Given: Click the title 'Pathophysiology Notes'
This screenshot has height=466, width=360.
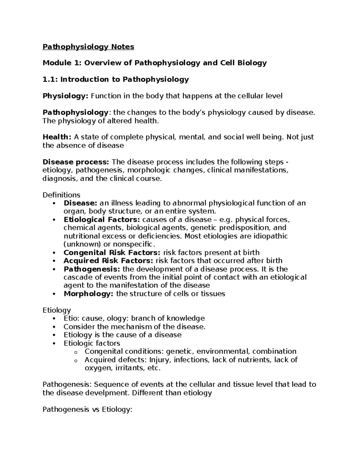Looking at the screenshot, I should point(88,47).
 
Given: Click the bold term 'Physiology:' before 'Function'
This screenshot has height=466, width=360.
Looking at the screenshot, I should point(65,96).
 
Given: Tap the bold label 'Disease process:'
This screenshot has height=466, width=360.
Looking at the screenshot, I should point(76,162).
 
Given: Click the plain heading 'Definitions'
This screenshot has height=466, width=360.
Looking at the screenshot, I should point(61,195).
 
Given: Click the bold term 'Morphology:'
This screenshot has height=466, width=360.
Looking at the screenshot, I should point(88,293).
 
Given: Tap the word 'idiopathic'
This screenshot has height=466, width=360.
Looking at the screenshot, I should point(271,236).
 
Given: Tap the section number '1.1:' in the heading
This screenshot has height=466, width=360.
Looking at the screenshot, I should point(50,80).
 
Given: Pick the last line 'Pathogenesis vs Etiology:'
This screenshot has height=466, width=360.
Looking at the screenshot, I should point(87,409).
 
